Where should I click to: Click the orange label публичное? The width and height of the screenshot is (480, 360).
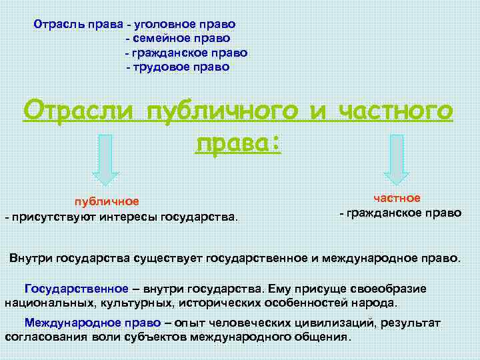pos(106,201)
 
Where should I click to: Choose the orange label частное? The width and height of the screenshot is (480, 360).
pos(397,198)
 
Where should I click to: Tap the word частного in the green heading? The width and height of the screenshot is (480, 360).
pos(396,111)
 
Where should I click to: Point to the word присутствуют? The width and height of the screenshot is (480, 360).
pos(53,217)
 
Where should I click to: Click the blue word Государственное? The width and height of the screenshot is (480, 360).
pos(76,289)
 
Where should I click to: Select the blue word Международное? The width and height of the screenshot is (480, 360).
pos(70,323)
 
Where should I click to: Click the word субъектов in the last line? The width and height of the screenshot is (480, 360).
pos(161,336)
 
